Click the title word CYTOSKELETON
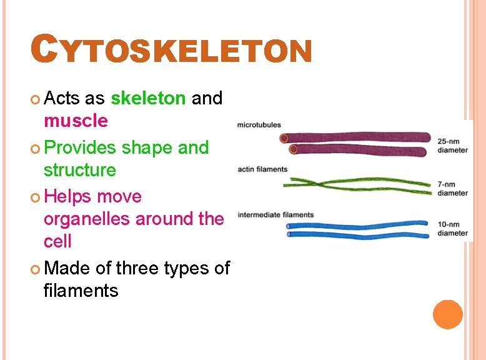pyautogui.click(x=172, y=50)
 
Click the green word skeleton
pyautogui.click(x=147, y=98)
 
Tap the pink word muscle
pyautogui.click(x=76, y=120)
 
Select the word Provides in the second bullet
pyautogui.click(x=80, y=147)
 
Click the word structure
pyautogui.click(x=79, y=170)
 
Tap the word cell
pyautogui.click(x=57, y=241)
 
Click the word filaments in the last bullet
pyautogui.click(x=81, y=291)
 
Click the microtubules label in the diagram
pyautogui.click(x=259, y=125)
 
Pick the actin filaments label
pyautogui.click(x=262, y=169)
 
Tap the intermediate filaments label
pyautogui.click(x=275, y=215)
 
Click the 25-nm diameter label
pyautogui.click(x=452, y=146)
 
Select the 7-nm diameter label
pyautogui.click(x=452, y=189)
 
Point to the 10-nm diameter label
pyautogui.click(x=452, y=229)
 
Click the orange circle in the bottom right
pyautogui.click(x=448, y=314)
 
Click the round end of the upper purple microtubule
pyautogui.click(x=284, y=138)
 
